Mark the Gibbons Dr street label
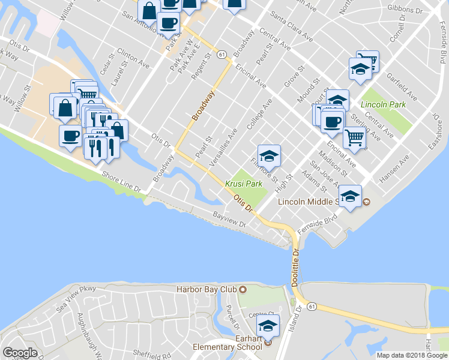406,8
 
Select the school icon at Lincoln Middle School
349,196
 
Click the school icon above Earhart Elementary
267,326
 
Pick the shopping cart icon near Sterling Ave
355,138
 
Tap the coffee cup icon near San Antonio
169,24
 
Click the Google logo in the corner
20,353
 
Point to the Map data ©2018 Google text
412,355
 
